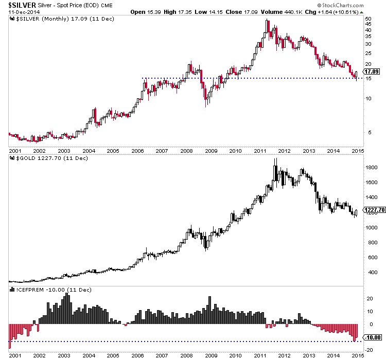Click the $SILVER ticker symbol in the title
(x=20, y=5)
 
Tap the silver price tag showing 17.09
(x=371, y=72)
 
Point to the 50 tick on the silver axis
(x=368, y=19)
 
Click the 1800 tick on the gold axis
(x=370, y=167)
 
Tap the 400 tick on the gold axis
(x=369, y=273)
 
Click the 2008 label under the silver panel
(x=186, y=151)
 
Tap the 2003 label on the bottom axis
(x=63, y=355)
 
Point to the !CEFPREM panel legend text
(x=51, y=290)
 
